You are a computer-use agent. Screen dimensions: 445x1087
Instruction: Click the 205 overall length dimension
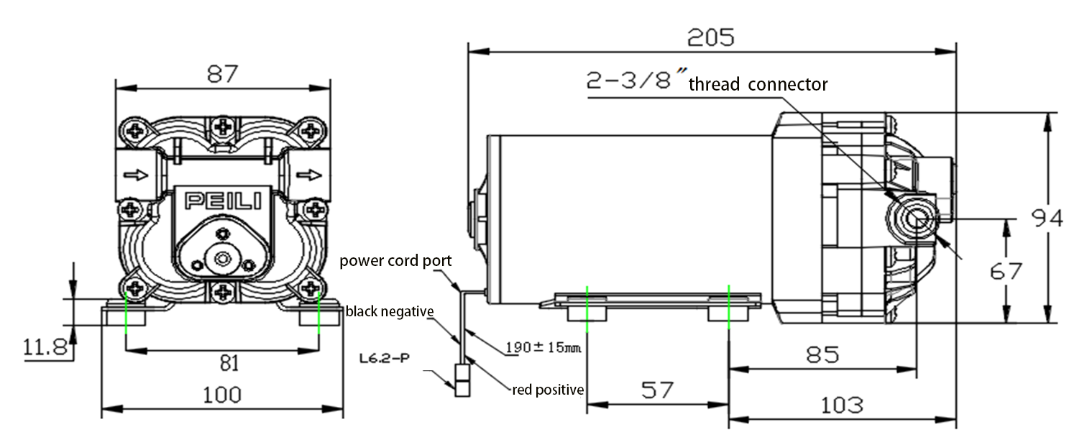(711, 37)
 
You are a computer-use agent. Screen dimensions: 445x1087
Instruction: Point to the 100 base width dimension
(221, 394)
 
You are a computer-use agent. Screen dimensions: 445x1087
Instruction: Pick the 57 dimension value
(657, 390)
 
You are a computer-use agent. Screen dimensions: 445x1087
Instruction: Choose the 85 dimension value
(822, 354)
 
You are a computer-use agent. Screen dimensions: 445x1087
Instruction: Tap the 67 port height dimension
(1006, 271)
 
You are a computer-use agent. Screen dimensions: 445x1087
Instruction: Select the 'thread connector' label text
(758, 85)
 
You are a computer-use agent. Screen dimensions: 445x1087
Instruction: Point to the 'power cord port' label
(395, 260)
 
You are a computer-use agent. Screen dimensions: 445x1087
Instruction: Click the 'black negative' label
(389, 311)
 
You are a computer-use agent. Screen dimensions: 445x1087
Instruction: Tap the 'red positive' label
(547, 390)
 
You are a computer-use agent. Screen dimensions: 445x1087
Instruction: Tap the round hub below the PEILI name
(221, 258)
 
